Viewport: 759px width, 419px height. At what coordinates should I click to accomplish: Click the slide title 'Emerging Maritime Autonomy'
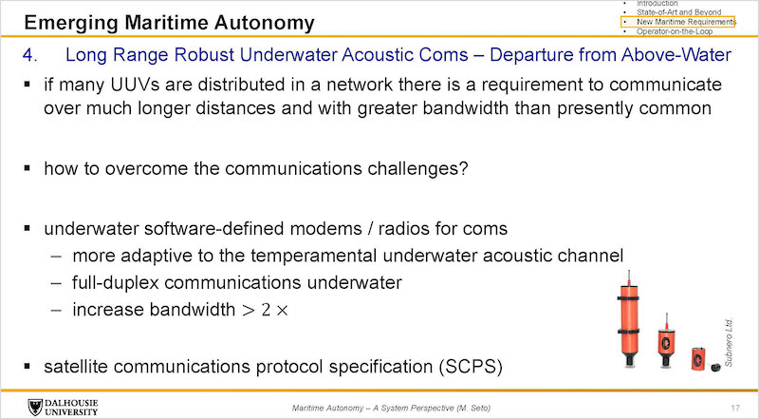click(x=169, y=23)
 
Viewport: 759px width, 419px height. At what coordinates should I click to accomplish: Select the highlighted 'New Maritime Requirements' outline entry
click(x=686, y=22)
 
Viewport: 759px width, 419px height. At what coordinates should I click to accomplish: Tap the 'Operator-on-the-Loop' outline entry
click(x=675, y=31)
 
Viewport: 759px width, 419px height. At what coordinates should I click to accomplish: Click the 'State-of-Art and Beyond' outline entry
click(x=678, y=12)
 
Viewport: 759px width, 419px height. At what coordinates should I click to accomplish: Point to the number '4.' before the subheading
click(x=29, y=55)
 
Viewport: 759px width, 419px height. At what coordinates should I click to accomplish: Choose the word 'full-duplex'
click(x=115, y=283)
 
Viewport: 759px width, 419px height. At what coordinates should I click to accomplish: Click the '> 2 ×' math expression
click(x=265, y=310)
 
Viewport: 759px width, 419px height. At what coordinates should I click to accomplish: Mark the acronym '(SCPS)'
click(x=471, y=366)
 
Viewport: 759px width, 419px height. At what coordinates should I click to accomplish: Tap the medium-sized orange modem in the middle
click(x=666, y=341)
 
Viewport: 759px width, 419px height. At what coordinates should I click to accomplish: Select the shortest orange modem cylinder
click(x=698, y=359)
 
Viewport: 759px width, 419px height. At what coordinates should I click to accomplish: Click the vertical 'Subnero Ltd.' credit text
click(x=729, y=342)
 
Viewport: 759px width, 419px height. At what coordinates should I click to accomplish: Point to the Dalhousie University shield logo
click(x=35, y=408)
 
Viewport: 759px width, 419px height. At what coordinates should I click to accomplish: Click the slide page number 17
click(x=736, y=408)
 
